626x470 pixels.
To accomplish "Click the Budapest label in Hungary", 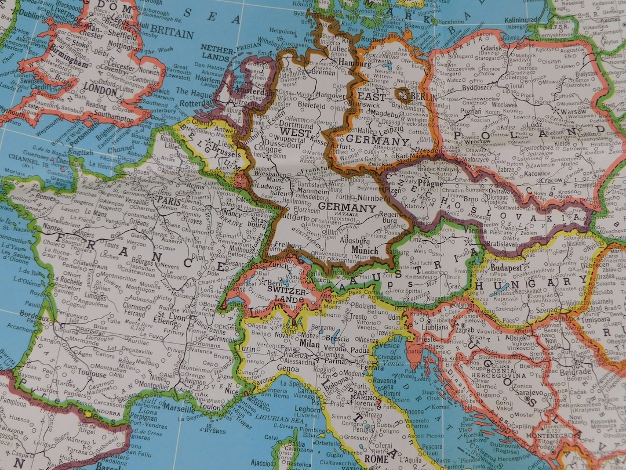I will pyautogui.click(x=504, y=269).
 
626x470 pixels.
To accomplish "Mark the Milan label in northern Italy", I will pyautogui.click(x=309, y=343).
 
